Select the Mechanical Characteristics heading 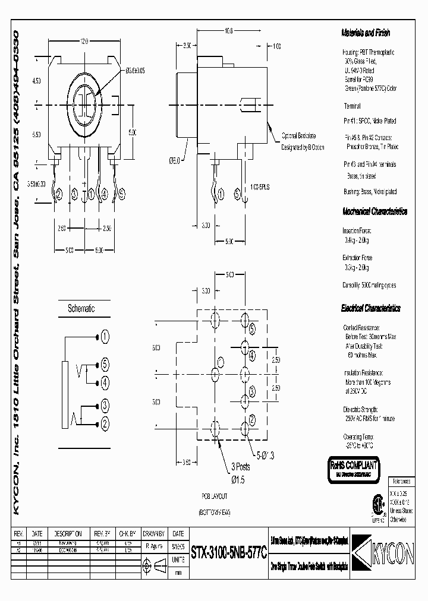(374, 211)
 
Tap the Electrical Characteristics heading (371, 308)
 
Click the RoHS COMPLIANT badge (354, 467)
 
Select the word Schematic (81, 309)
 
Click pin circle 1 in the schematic (105, 337)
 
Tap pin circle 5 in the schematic (105, 364)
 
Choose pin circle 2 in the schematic (105, 423)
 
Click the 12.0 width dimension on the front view (84, 42)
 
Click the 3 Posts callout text (241, 467)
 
